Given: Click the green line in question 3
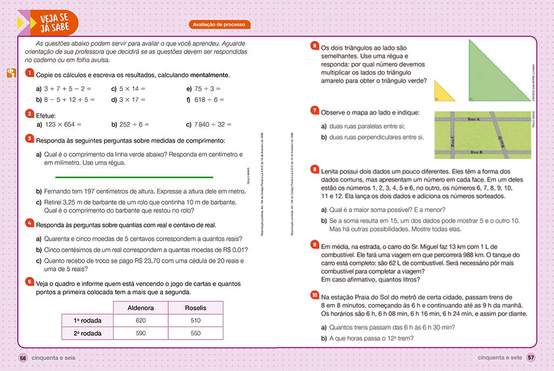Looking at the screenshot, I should click(134, 177).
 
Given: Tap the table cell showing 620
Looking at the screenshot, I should click(141, 320).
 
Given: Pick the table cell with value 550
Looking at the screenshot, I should click(195, 333).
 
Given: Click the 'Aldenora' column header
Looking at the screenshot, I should click(141, 307).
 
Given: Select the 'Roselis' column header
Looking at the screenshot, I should click(195, 307).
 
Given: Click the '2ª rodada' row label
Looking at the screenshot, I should click(87, 333).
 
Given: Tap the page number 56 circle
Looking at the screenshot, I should click(23, 357).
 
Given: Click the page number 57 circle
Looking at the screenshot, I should click(531, 357).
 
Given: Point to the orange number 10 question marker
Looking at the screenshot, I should click(315, 295).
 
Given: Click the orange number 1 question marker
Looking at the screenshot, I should click(29, 73).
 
